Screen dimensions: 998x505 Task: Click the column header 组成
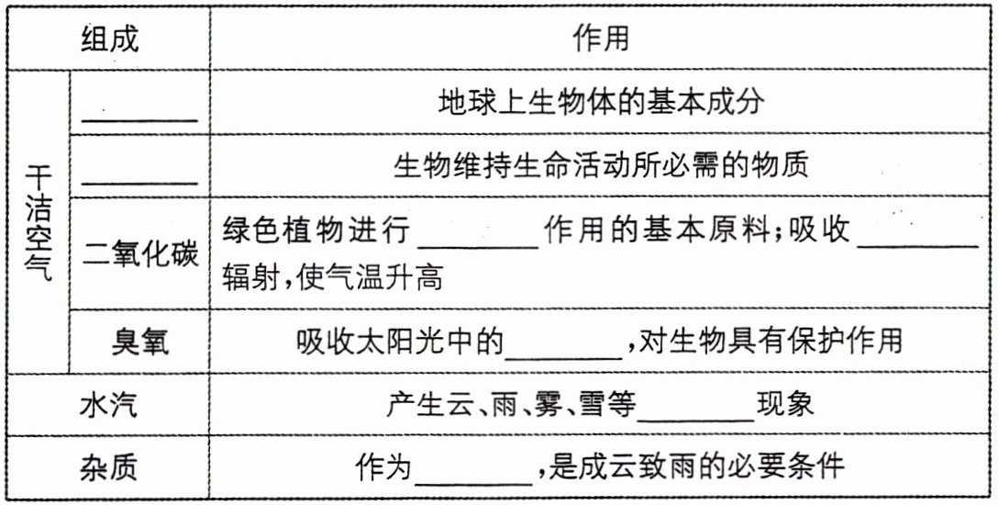pyautogui.click(x=110, y=39)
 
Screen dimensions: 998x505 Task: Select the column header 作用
pyautogui.click(x=601, y=39)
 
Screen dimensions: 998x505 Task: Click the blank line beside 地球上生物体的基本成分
pyautogui.click(x=140, y=116)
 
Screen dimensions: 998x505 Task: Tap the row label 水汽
pyautogui.click(x=108, y=404)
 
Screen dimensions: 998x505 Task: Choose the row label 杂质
pyautogui.click(x=108, y=466)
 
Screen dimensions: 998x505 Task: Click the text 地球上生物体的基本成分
pyautogui.click(x=601, y=102)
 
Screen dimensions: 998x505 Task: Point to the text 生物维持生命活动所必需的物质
pyautogui.click(x=601, y=166)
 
